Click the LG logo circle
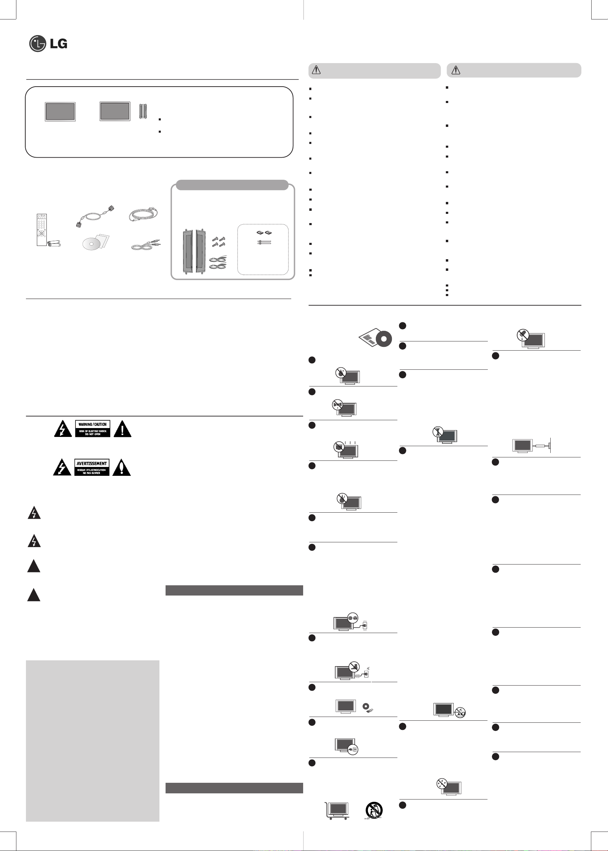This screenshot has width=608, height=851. pyautogui.click(x=38, y=44)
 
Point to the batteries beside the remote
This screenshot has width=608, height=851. pyautogui.click(x=55, y=243)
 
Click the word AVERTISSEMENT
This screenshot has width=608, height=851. pyautogui.click(x=92, y=464)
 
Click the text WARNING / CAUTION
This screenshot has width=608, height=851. pyautogui.click(x=93, y=424)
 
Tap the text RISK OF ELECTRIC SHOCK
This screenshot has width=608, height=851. pyautogui.click(x=93, y=431)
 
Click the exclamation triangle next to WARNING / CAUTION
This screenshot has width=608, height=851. pyautogui.click(x=123, y=429)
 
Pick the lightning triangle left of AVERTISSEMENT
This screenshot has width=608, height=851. pyautogui.click(x=62, y=468)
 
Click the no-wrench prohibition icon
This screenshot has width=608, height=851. pyautogui.click(x=438, y=432)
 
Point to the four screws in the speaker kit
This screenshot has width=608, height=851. pyautogui.click(x=218, y=241)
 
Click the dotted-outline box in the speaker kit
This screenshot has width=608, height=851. pyautogui.click(x=263, y=250)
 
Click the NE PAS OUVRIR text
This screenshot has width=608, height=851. pyautogui.click(x=92, y=473)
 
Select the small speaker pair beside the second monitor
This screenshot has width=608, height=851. pyautogui.click(x=143, y=111)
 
